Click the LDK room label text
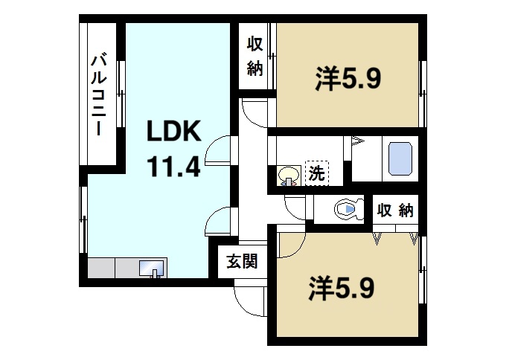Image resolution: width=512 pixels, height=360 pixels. [x=173, y=132]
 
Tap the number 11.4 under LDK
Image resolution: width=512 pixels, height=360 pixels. [x=174, y=166]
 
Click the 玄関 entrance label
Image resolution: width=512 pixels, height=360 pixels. [x=242, y=261]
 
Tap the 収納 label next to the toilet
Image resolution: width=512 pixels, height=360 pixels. [x=394, y=210]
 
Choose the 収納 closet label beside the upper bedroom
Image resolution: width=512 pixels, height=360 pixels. [x=255, y=57]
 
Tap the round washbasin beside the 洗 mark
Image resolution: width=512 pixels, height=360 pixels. [x=288, y=176]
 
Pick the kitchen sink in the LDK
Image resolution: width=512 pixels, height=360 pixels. [x=153, y=268]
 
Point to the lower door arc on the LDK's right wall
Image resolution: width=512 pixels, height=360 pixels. [x=220, y=221]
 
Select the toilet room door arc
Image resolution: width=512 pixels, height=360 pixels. [x=295, y=208]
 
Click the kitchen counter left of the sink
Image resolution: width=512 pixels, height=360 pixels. [x=112, y=268]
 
